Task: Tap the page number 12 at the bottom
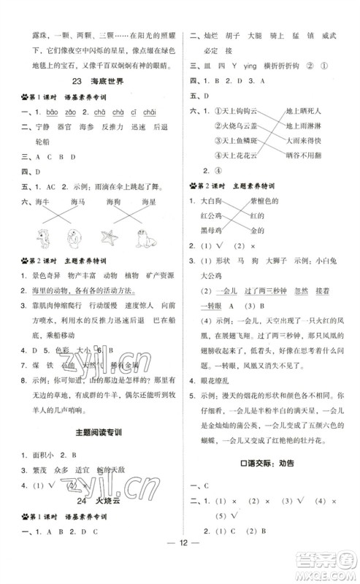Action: tap(180, 562)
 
